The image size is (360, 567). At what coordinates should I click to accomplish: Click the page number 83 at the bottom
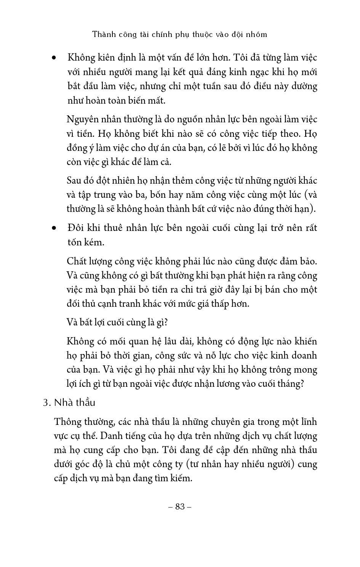[180, 506]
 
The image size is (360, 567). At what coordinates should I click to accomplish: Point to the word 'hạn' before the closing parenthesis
[304, 209]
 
